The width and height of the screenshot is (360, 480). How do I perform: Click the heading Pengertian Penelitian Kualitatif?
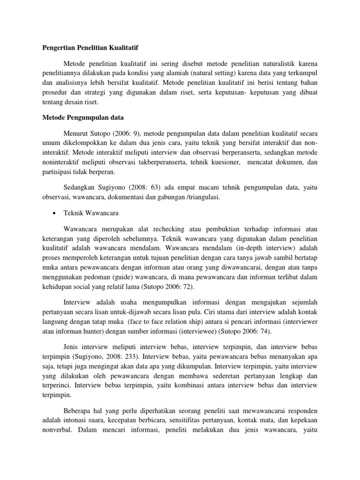[88, 48]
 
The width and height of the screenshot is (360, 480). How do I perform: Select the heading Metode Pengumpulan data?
[77, 118]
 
